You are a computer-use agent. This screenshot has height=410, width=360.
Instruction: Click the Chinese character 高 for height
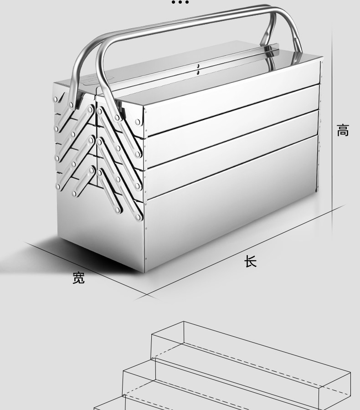click(343, 130)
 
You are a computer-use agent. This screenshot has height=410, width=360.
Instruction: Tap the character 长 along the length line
click(250, 261)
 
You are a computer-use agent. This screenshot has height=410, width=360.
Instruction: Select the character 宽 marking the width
click(78, 277)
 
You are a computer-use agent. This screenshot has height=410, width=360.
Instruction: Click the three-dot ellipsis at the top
click(180, 2)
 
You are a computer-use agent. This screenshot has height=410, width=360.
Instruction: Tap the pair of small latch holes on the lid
click(198, 69)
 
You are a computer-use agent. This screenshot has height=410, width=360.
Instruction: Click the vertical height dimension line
click(332, 131)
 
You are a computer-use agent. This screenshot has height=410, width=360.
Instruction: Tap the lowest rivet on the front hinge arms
click(139, 217)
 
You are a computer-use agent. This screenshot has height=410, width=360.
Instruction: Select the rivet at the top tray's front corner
click(138, 122)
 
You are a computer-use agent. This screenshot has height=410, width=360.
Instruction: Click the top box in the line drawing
click(251, 358)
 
